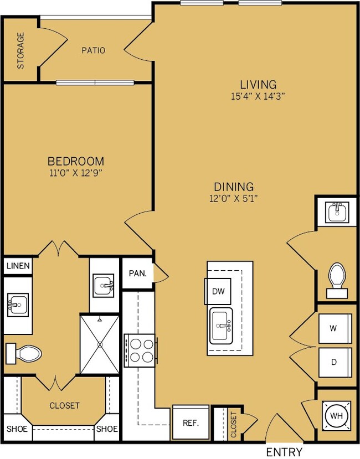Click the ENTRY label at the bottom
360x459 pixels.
click(x=284, y=452)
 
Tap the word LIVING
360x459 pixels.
click(x=258, y=85)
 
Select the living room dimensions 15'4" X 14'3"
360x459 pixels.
click(x=258, y=96)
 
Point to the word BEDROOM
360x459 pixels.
click(x=76, y=161)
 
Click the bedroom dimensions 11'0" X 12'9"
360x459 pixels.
click(x=75, y=173)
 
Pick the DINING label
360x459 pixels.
click(x=234, y=187)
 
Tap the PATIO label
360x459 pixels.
click(x=93, y=50)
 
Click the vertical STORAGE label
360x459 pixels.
click(x=20, y=50)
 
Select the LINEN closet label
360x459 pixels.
click(x=18, y=266)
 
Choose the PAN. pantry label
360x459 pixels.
click(x=138, y=274)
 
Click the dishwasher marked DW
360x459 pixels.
click(x=218, y=291)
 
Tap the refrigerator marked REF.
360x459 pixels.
click(x=191, y=422)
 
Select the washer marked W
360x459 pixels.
click(x=335, y=328)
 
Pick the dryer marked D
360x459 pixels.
click(x=335, y=363)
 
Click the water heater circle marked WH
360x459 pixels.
click(x=336, y=416)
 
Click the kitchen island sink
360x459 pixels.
click(x=221, y=326)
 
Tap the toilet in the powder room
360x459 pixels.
click(x=337, y=280)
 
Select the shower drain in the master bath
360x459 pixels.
click(x=100, y=344)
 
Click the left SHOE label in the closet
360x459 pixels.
click(x=17, y=429)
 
